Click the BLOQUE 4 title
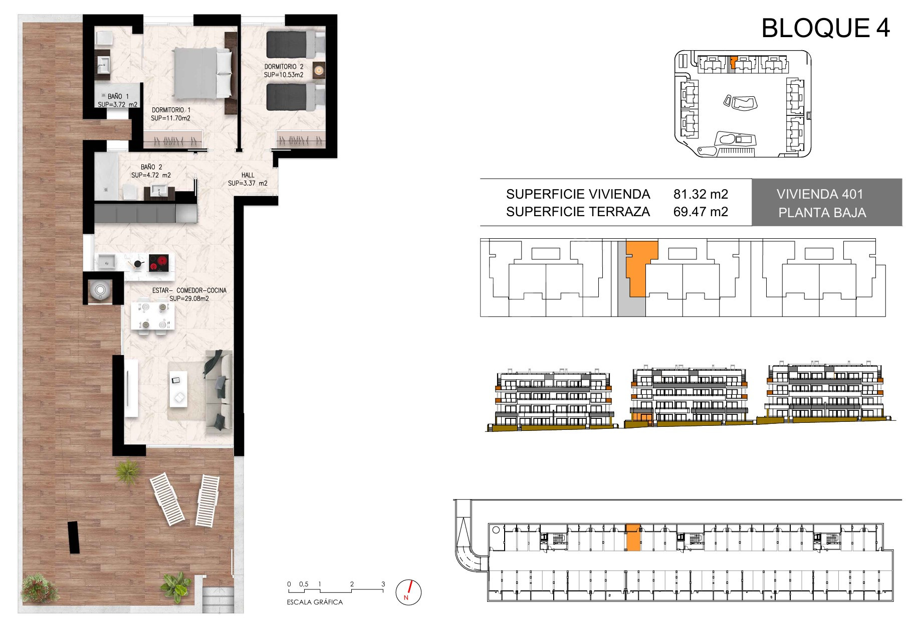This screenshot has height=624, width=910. tap(826, 28)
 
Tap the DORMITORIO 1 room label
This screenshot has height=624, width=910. tap(171, 110)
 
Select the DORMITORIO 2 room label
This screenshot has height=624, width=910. tap(284, 66)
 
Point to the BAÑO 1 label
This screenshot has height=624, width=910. tap(118, 96)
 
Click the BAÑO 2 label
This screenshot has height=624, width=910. tap(151, 167)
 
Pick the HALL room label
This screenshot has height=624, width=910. tap(248, 175)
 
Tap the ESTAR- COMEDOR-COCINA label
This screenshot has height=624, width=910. tap(189, 290)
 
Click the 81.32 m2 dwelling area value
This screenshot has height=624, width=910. tap(701, 194)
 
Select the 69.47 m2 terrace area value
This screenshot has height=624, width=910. tap(701, 212)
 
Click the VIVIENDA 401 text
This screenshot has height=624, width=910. tap(820, 194)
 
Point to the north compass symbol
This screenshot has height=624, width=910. tap(408, 592)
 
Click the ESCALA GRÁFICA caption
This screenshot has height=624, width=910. tap(315, 602)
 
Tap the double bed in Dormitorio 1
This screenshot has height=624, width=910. tap(197, 73)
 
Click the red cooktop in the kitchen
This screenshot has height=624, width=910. tap(158, 263)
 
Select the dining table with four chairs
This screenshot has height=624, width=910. tap(153, 315)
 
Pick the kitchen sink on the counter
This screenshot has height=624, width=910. tap(107, 261)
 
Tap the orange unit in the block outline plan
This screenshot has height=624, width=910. tap(639, 268)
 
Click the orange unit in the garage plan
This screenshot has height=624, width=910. tap(633, 538)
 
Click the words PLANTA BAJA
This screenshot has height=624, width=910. tap(822, 213)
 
